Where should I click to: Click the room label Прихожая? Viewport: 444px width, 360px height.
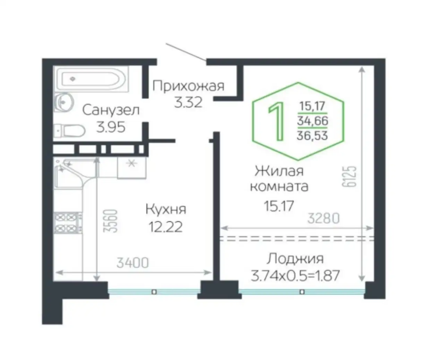[188, 86]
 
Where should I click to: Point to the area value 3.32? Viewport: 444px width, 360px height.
[188, 102]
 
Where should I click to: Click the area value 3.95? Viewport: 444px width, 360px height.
[111, 127]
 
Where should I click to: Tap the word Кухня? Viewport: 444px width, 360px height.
[165, 209]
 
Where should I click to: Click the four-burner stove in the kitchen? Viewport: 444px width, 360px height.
[66, 223]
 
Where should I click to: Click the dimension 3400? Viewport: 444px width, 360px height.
[133, 263]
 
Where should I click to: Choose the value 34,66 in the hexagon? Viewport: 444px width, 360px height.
[312, 121]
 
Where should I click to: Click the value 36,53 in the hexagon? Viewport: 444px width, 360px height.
[312, 135]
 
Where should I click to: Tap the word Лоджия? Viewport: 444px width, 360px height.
[295, 259]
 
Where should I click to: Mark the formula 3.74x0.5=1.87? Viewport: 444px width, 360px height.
[295, 276]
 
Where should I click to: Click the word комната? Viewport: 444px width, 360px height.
[279, 186]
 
